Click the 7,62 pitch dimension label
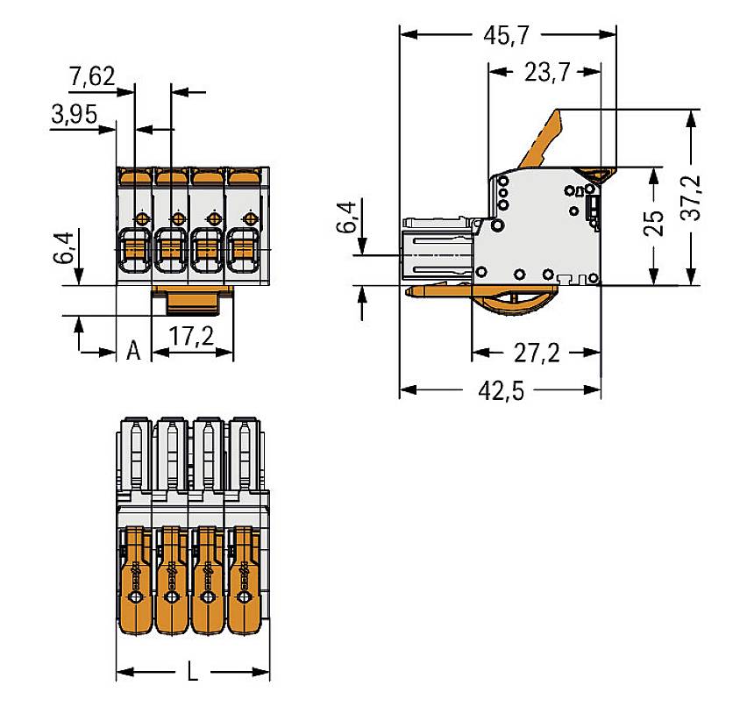[91, 77]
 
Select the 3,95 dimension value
[74, 114]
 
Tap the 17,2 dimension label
[193, 336]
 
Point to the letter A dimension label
[133, 351]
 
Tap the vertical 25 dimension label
[654, 225]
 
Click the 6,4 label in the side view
[347, 218]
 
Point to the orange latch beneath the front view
[193, 301]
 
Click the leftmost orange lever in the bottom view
[135, 579]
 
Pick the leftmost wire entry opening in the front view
[133, 251]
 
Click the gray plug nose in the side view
[437, 254]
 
